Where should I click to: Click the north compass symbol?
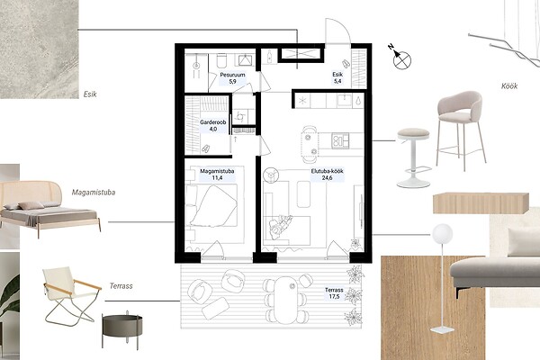401,59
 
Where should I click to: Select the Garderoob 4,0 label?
212,126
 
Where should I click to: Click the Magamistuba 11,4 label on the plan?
217,175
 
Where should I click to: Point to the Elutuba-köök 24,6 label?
328,175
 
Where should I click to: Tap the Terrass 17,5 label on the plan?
334,293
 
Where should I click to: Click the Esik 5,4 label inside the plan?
337,77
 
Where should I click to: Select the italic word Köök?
509,86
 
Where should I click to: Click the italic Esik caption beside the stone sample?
90,94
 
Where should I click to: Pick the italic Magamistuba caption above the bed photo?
94,193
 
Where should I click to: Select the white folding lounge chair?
72,295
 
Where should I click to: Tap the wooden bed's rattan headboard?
31,192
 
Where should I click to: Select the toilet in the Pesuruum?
221,60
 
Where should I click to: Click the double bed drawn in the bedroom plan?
211,205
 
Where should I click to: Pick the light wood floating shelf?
481,202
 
